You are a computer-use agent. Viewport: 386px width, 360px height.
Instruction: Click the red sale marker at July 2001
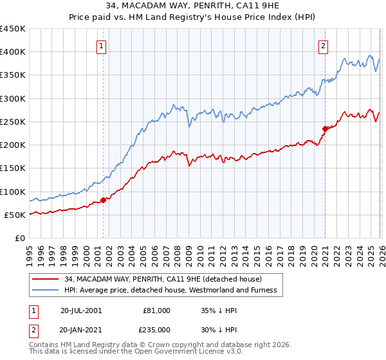pyautogui.click(x=104, y=201)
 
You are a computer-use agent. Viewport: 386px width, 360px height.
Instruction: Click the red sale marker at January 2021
pyautogui.click(x=325, y=129)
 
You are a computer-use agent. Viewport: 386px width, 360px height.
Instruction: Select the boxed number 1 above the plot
pyautogui.click(x=102, y=46)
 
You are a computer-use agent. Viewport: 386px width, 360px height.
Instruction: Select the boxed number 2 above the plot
pyautogui.click(x=322, y=46)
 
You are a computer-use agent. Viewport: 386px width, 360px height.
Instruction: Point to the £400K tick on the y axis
pyautogui.click(x=13, y=52)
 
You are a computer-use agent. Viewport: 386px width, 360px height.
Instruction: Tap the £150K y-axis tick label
pyautogui.click(x=13, y=168)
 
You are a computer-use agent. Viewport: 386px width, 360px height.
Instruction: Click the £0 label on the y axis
pyautogui.click(x=21, y=238)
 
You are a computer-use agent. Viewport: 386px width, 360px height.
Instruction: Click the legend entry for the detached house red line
pyautogui.click(x=162, y=279)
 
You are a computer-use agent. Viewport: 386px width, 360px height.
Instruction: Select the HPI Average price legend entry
pyautogui.click(x=170, y=291)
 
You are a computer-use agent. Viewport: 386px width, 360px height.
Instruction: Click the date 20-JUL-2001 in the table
pyautogui.click(x=81, y=310)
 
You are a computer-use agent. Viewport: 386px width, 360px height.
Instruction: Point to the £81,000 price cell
pyautogui.click(x=156, y=310)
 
